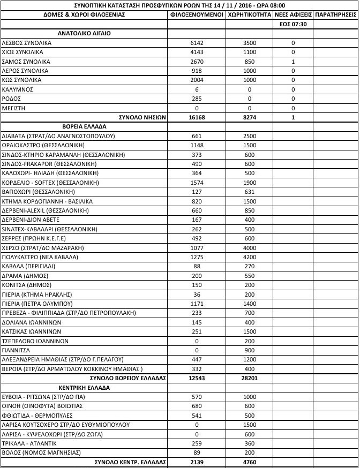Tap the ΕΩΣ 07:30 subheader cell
pos(293,24)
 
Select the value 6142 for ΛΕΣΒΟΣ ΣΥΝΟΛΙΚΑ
pos(197,43)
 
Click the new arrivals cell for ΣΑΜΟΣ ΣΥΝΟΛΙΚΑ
pos(293,62)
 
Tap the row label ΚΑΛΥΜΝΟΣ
pos(19,89)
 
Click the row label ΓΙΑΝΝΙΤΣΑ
pos(18,350)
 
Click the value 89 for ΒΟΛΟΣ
pos(197,452)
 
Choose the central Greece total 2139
pos(197,462)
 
